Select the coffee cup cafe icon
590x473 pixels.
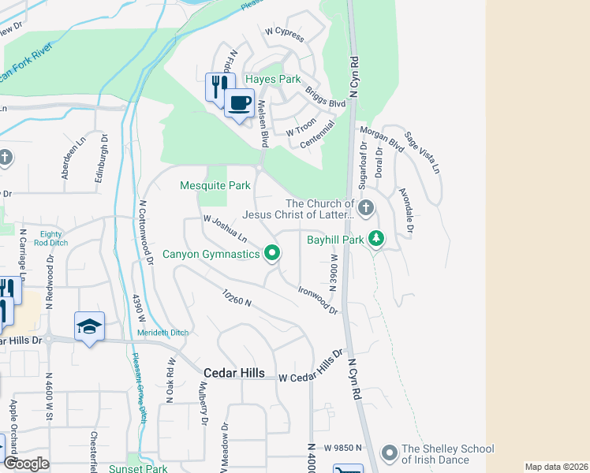coord(239,102)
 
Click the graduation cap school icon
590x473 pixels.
coord(89,326)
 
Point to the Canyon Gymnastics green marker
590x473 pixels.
coord(273,253)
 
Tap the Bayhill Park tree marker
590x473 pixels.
coord(377,238)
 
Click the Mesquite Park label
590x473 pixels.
coord(215,186)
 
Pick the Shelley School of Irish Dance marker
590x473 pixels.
coord(388,453)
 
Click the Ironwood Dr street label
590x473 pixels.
coord(318,300)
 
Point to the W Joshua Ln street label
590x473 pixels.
coord(225,229)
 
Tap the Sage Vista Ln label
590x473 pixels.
coord(422,153)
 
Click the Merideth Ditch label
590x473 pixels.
coord(162,333)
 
